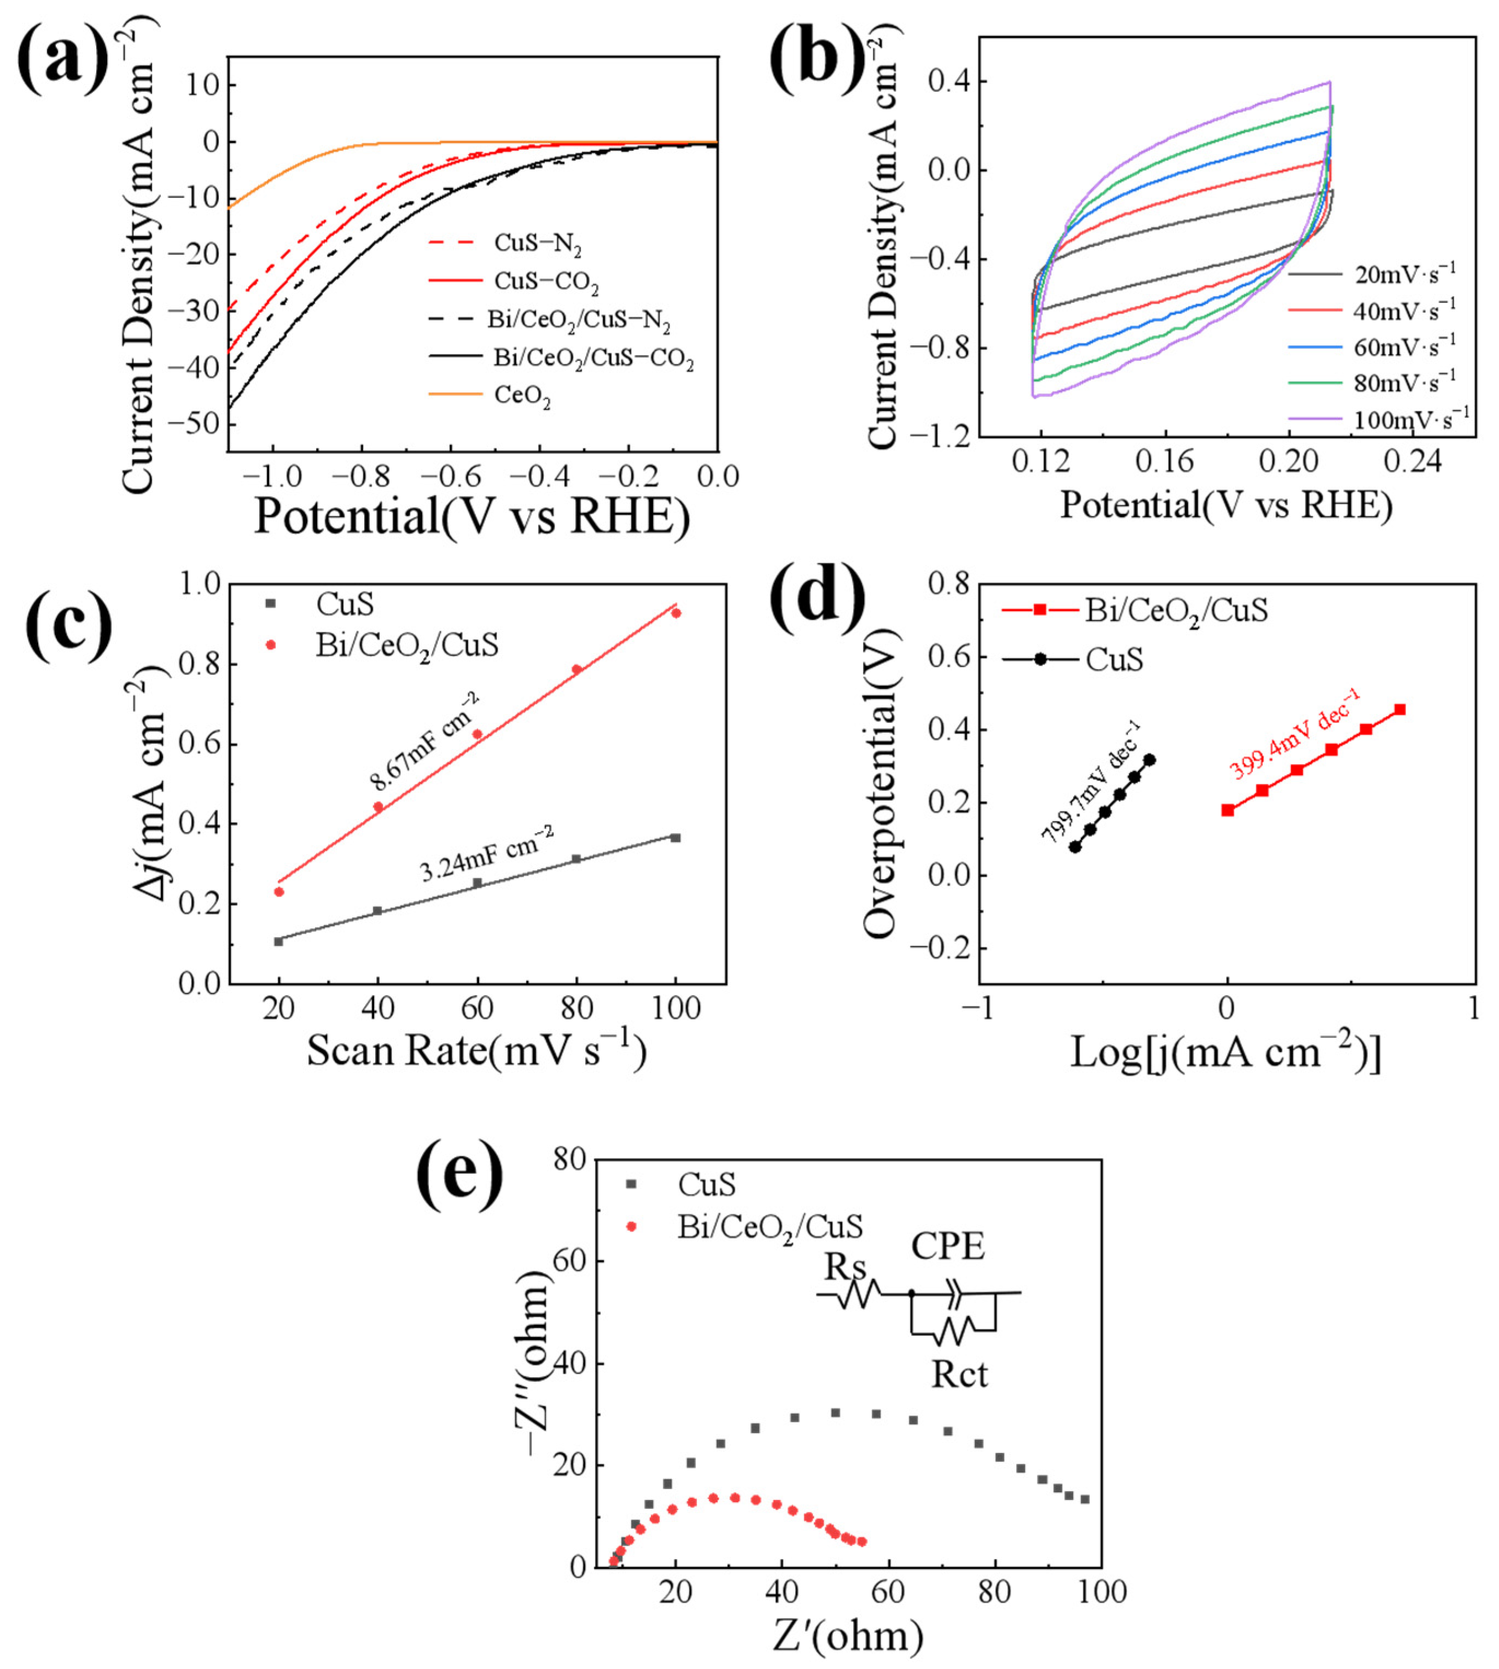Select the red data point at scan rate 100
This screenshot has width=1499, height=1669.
pyautogui.click(x=676, y=613)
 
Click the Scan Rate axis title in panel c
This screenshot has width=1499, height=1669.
pyautogui.click(x=476, y=1051)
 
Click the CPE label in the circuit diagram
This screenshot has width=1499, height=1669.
pyautogui.click(x=947, y=1246)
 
